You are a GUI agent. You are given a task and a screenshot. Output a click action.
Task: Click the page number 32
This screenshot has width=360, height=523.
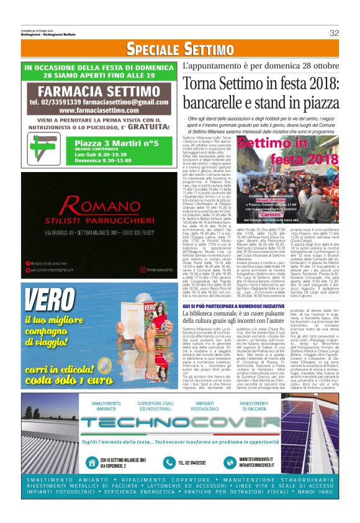pyautogui.click(x=333, y=33)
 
